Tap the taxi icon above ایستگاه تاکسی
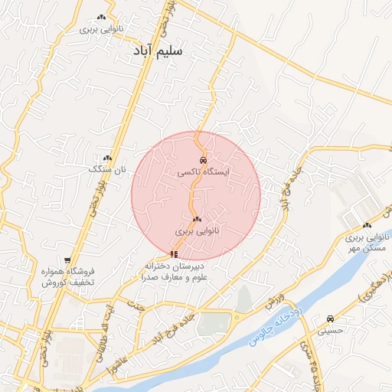[202, 160]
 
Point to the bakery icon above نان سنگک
[107, 156]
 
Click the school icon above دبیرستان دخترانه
[175, 253]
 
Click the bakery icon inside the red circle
[197, 219]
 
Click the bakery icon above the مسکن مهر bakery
[367, 225]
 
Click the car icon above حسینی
[330, 318]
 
